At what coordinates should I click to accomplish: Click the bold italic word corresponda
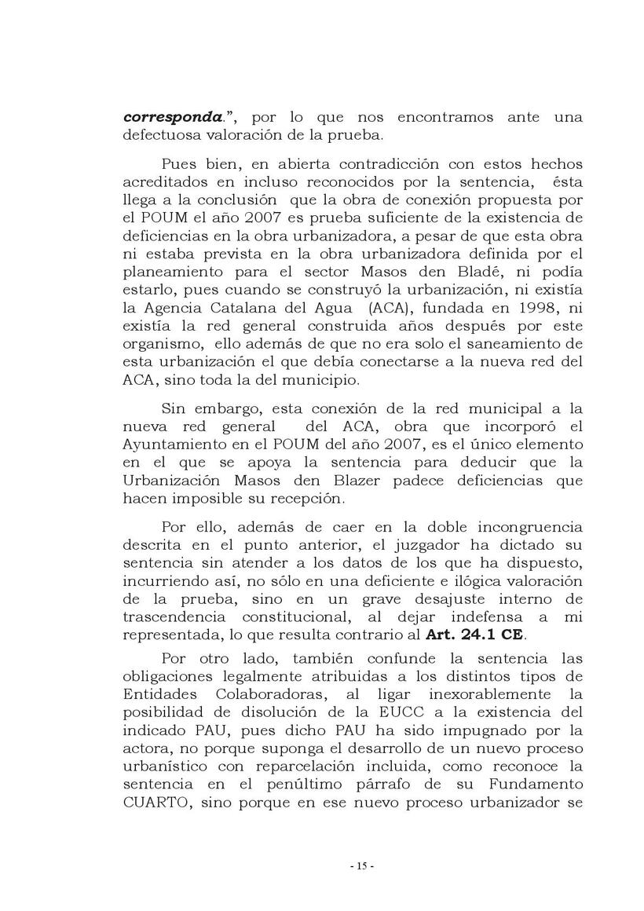[172, 118]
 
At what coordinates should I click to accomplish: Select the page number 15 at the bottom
[361, 867]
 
